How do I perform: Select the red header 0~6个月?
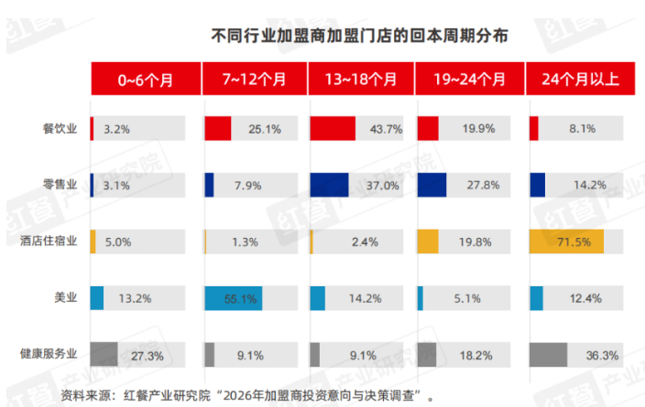(145, 79)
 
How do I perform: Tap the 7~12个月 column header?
(254, 79)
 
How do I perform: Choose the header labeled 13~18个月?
(361, 79)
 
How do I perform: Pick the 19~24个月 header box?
(469, 79)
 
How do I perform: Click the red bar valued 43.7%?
(333, 129)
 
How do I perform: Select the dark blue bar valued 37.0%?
(329, 185)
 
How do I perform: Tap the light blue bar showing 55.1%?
(233, 297)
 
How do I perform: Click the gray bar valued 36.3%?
(548, 354)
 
